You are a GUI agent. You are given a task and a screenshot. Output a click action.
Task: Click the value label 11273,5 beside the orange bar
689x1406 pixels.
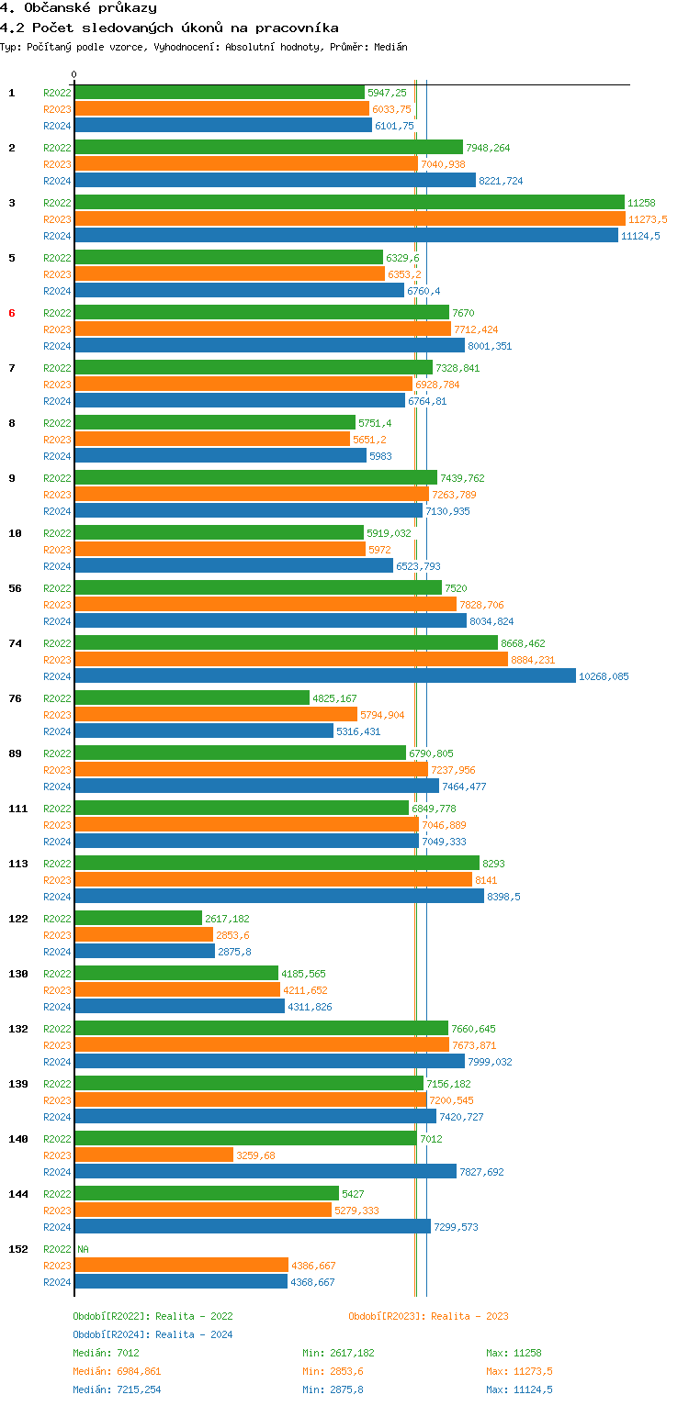click(648, 219)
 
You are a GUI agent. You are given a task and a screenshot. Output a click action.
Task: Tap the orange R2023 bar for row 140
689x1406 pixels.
click(153, 1155)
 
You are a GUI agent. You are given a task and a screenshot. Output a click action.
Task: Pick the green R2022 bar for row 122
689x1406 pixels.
click(138, 919)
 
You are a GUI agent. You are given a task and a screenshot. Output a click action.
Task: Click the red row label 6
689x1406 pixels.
click(12, 313)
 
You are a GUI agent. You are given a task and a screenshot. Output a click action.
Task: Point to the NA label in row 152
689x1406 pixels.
click(84, 1249)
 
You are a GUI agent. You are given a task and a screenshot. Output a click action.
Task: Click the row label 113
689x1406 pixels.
click(17, 864)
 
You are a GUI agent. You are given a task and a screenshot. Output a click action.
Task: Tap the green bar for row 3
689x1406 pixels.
click(349, 203)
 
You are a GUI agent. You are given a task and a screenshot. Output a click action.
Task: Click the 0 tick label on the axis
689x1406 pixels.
click(74, 75)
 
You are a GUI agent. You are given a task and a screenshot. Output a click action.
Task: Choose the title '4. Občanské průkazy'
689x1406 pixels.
click(78, 8)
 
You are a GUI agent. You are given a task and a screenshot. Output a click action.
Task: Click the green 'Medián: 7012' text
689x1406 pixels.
click(106, 1353)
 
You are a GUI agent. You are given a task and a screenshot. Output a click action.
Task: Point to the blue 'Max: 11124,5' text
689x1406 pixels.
click(519, 1389)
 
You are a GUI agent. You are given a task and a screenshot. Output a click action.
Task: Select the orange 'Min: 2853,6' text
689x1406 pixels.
click(338, 1371)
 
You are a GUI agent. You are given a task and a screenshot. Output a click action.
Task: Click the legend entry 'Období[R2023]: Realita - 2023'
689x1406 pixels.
click(428, 1316)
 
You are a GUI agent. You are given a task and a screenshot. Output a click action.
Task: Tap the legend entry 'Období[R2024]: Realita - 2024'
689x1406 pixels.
click(152, 1334)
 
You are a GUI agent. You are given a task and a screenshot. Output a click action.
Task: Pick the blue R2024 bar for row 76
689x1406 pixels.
click(204, 731)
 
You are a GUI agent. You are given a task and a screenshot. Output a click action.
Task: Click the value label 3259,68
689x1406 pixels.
click(255, 1155)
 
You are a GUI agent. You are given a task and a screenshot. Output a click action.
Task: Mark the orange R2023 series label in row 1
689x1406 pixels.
click(57, 109)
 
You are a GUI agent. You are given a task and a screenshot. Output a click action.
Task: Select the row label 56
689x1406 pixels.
click(15, 588)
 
